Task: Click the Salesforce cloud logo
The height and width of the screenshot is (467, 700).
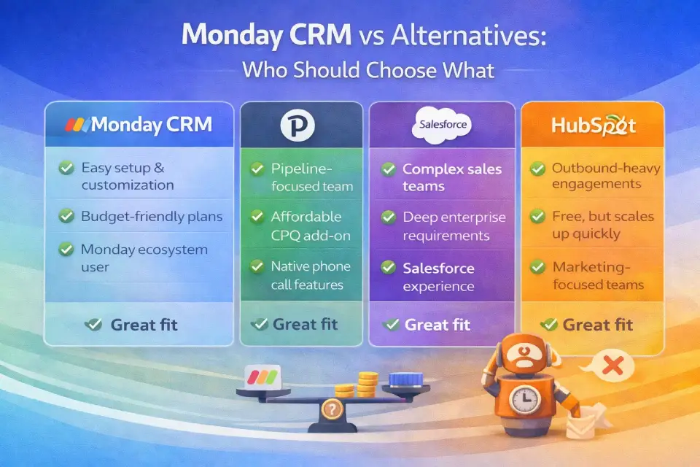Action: click(442, 125)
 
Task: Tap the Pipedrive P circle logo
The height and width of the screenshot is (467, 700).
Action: click(297, 125)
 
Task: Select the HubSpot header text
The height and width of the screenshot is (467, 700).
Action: click(594, 126)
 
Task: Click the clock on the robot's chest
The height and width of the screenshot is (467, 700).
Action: click(525, 399)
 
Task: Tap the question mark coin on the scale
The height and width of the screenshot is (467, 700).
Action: click(332, 409)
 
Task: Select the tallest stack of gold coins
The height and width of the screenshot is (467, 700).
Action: click(367, 385)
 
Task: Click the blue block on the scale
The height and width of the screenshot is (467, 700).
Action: click(405, 380)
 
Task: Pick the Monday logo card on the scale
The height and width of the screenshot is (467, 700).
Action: click(263, 377)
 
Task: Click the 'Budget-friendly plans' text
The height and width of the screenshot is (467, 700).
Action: click(152, 217)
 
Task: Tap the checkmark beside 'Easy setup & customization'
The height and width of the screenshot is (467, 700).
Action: click(66, 168)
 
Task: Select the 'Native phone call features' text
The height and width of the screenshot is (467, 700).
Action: click(311, 275)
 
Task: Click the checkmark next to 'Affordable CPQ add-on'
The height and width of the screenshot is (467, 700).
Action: click(257, 216)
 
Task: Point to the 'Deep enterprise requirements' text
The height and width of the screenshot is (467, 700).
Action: click(454, 226)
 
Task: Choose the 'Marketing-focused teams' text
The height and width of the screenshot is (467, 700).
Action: click(598, 275)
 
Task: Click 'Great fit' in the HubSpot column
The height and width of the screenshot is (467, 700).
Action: click(597, 325)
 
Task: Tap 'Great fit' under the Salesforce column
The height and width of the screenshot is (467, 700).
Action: click(437, 325)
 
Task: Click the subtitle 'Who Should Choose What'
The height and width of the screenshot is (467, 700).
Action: click(367, 70)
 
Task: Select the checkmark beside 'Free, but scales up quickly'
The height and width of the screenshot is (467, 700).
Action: click(537, 217)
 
